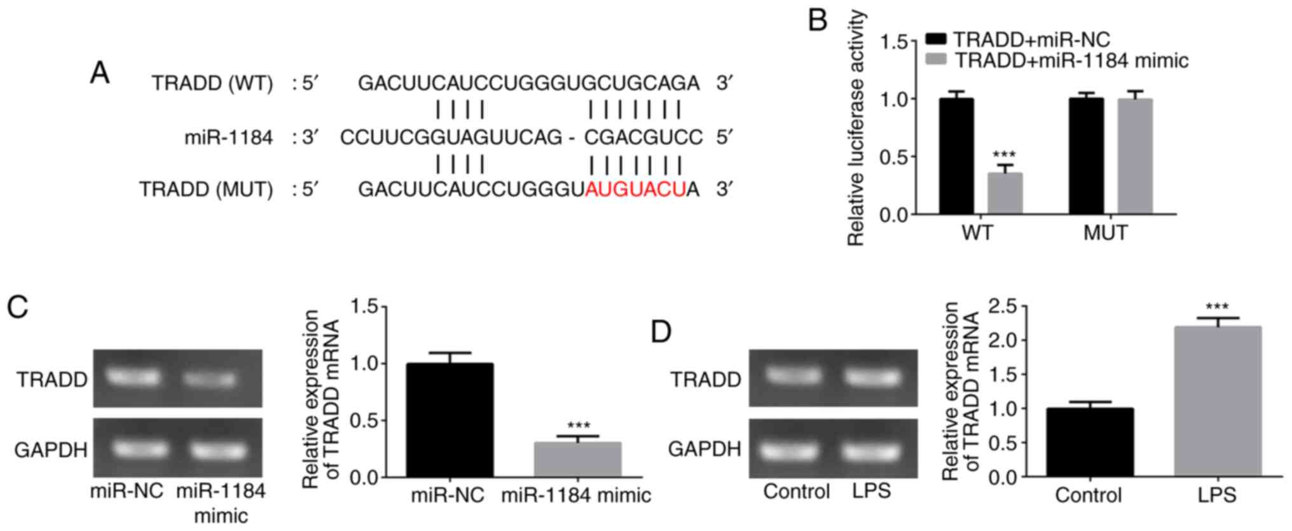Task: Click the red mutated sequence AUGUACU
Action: [635, 190]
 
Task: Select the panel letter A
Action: [100, 73]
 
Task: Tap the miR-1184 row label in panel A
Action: [228, 137]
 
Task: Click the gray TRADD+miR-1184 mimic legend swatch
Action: [936, 60]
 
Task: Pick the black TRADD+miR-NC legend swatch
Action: [936, 39]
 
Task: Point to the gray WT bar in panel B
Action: [1005, 193]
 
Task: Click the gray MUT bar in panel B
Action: [1135, 156]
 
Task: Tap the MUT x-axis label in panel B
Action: [1105, 233]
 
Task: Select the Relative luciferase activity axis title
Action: [857, 127]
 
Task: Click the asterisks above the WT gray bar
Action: [1004, 155]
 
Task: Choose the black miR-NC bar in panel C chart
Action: [450, 420]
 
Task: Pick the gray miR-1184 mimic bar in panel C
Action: [577, 459]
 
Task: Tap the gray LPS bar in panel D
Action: [1217, 401]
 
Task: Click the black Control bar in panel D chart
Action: [1089, 442]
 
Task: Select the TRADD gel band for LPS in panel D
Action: [872, 378]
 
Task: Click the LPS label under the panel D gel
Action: [872, 490]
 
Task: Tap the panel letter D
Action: [661, 331]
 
